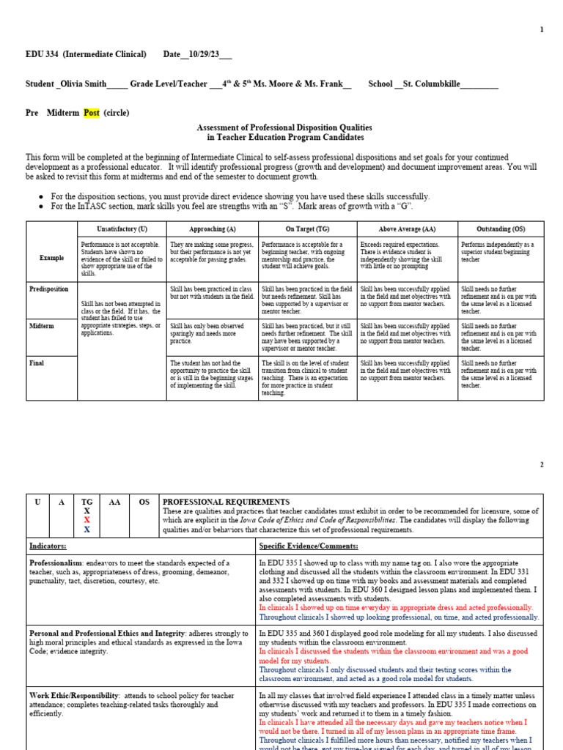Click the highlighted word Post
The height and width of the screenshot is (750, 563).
[91, 113]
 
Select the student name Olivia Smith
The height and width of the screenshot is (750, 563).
[82, 84]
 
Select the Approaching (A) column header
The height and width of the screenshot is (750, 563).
[212, 229]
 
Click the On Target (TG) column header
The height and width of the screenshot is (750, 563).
[307, 229]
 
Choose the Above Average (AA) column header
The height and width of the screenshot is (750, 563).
[407, 229]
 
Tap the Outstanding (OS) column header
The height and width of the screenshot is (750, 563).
[501, 229]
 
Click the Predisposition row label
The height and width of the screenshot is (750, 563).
[50, 289]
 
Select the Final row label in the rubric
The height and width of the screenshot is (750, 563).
[37, 363]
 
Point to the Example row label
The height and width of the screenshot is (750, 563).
[51, 258]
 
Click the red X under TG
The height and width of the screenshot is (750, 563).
[87, 519]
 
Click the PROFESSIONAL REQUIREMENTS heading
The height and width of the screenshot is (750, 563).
[226, 502]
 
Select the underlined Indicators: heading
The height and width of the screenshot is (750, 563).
[48, 546]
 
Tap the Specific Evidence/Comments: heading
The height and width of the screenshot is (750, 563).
[309, 546]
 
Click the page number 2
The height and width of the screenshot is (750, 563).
[542, 465]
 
